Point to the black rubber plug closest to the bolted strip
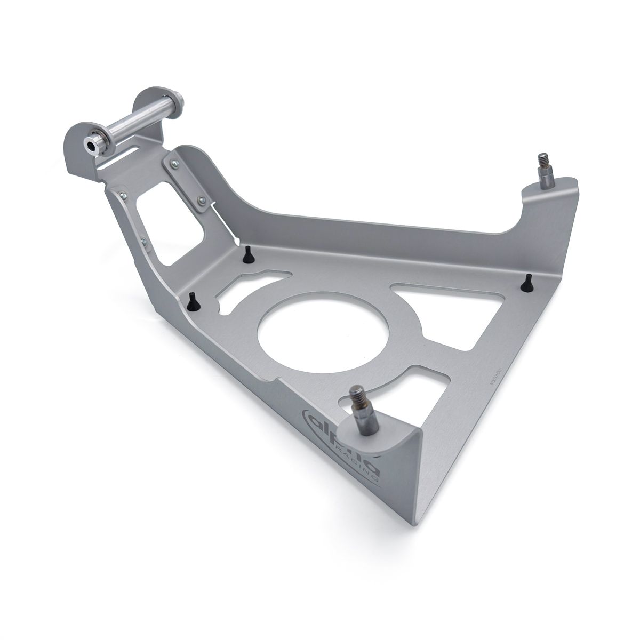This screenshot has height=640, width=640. click(247, 254)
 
